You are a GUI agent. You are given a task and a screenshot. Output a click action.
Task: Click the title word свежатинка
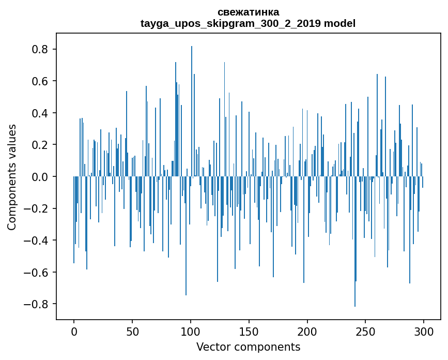click(x=248, y=12)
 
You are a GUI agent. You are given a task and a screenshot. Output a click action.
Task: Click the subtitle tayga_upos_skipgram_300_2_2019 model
click(x=248, y=23)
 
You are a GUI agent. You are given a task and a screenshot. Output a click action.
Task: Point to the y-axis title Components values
click(x=12, y=177)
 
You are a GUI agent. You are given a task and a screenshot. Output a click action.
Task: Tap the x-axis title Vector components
click(x=248, y=347)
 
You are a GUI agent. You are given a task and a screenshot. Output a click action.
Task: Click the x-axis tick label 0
click(x=74, y=331)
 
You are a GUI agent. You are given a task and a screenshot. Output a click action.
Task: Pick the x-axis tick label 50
click(x=132, y=331)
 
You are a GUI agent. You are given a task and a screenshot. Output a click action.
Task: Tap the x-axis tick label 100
click(x=191, y=331)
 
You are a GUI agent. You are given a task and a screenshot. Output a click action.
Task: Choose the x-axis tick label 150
click(x=249, y=331)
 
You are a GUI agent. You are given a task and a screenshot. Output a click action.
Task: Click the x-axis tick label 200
click(x=307, y=331)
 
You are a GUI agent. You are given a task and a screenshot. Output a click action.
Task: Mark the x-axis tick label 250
click(x=366, y=331)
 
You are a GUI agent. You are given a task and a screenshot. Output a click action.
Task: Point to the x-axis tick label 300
click(x=424, y=331)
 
